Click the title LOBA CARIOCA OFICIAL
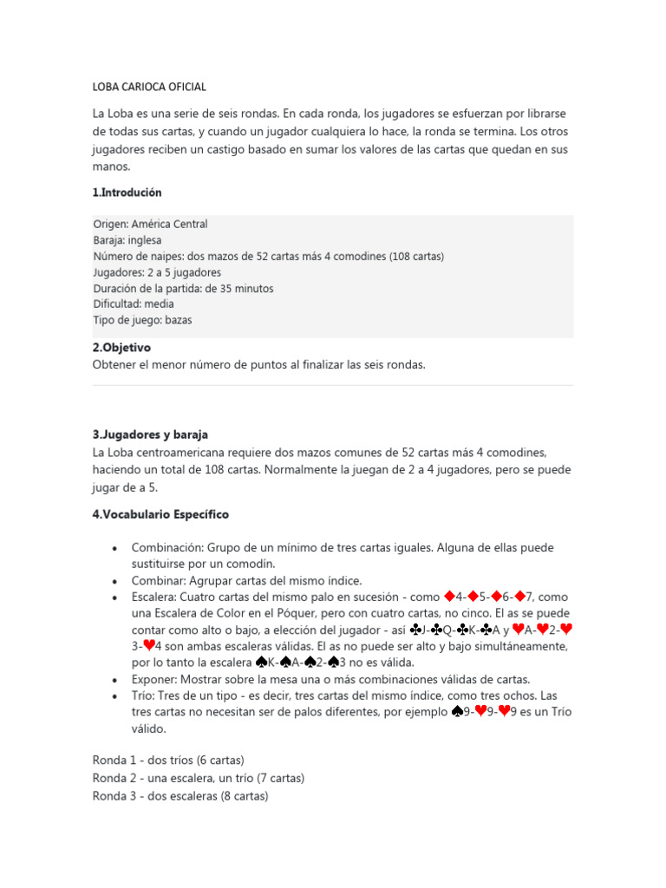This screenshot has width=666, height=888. click(149, 87)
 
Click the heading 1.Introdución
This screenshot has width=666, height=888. click(127, 193)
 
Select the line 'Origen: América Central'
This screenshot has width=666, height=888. click(150, 224)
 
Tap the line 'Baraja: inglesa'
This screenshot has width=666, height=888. click(127, 240)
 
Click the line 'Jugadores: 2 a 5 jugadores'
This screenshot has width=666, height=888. click(157, 272)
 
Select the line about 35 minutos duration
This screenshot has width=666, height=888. click(183, 288)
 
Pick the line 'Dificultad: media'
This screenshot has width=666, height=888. click(134, 304)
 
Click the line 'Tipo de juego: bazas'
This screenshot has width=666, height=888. click(142, 320)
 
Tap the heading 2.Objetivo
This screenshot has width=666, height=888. click(121, 348)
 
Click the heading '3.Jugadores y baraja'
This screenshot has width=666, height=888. click(150, 434)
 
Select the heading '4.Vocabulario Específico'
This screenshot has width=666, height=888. click(160, 514)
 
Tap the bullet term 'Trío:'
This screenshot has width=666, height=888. click(145, 695)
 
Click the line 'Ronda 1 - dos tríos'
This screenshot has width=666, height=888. click(168, 761)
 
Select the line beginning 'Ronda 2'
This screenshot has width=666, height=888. click(199, 778)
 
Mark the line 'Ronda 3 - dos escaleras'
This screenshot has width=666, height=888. click(180, 795)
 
